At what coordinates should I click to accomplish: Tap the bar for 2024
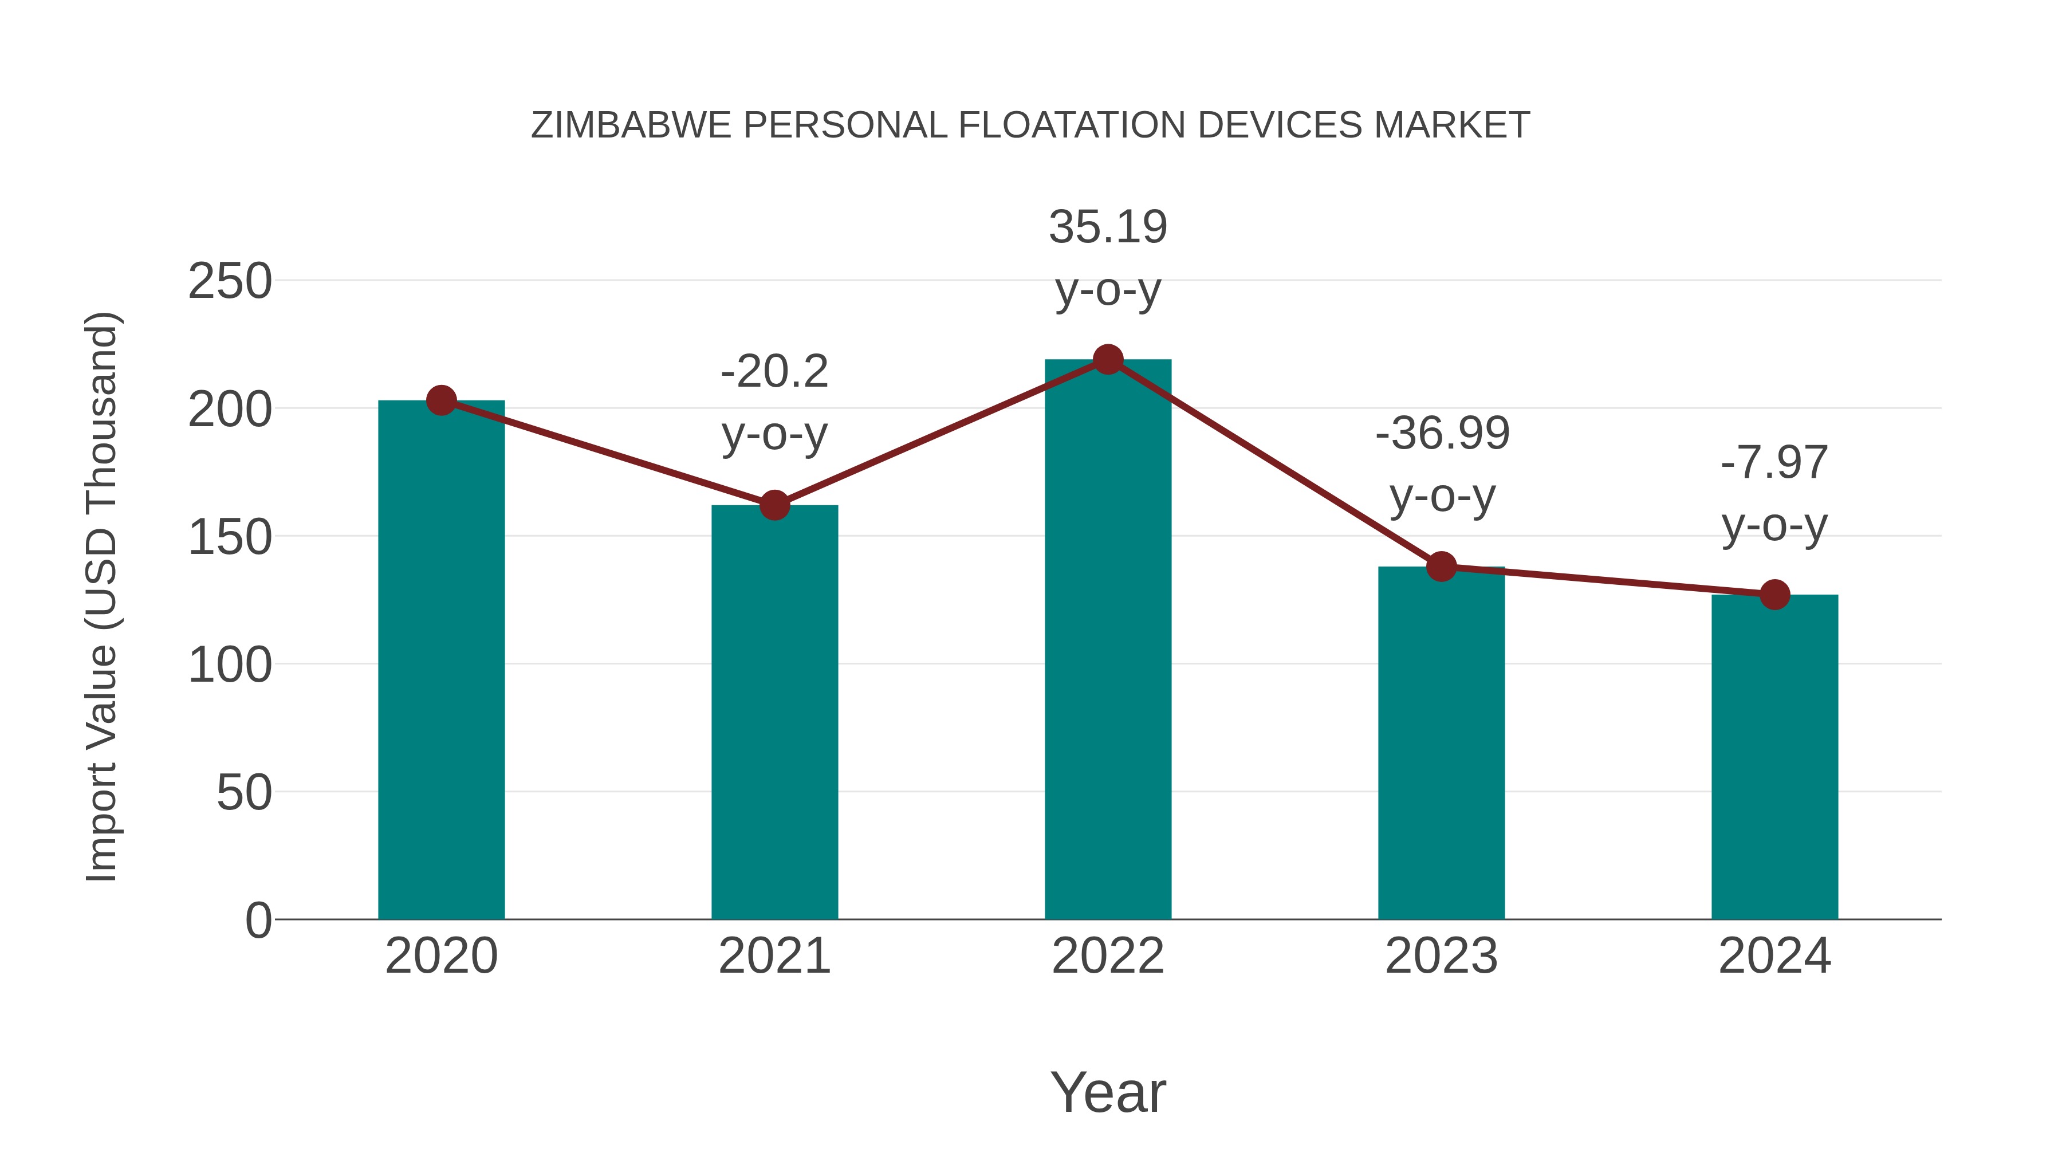click(x=1774, y=757)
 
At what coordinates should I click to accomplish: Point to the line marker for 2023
click(x=1442, y=567)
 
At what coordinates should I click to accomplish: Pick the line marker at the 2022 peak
click(x=1108, y=359)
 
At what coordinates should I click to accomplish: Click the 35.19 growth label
click(x=1108, y=227)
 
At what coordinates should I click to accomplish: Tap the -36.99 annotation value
click(x=1442, y=434)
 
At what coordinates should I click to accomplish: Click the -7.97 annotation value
click(x=1774, y=463)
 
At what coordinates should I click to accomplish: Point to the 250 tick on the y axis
click(x=230, y=282)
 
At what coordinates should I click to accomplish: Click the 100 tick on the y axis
click(x=230, y=665)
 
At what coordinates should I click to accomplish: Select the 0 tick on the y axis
click(x=258, y=921)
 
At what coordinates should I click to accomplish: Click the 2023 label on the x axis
click(x=1441, y=956)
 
